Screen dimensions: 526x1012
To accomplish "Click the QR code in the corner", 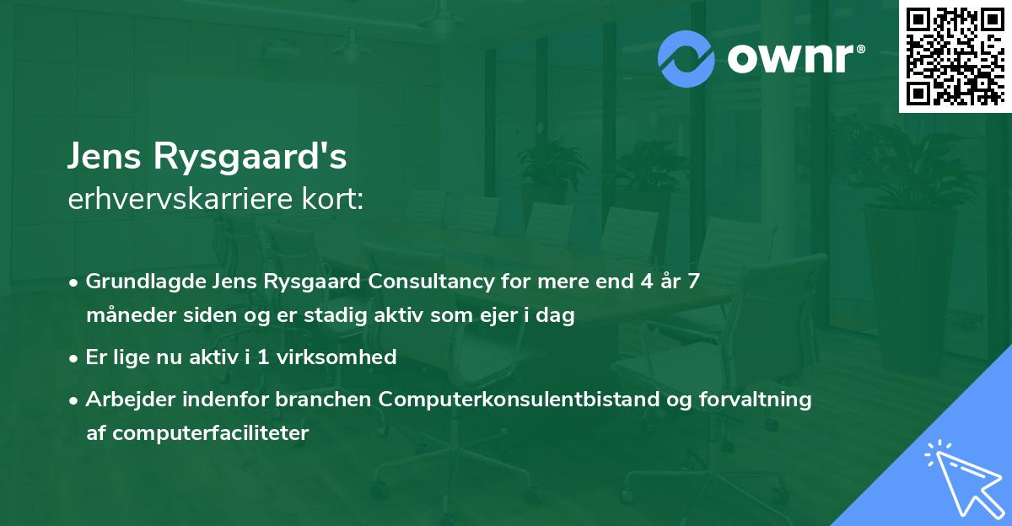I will (955, 56).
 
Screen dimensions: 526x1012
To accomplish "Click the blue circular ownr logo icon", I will (686, 59).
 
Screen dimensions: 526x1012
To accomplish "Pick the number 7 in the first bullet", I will (693, 282).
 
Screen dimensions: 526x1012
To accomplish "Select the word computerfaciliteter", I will (210, 433).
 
